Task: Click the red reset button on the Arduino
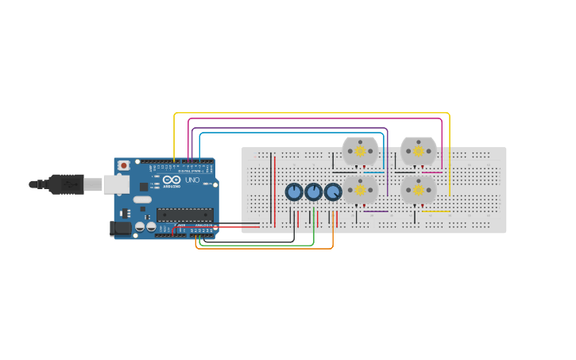[x=123, y=165]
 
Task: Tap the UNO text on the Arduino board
[x=191, y=180]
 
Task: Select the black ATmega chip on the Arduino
[x=185, y=215]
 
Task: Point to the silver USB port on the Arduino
[x=116, y=184]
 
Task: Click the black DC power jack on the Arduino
[x=120, y=228]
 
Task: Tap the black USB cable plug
[x=68, y=184]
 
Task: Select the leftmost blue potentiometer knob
[x=294, y=192]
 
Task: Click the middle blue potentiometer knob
[x=314, y=192]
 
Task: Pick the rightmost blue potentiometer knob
[x=333, y=192]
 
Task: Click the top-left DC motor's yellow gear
[x=360, y=151]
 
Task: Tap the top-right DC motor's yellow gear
[x=419, y=151]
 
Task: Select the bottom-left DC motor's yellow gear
[x=360, y=190]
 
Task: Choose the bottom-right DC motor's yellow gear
[x=419, y=190]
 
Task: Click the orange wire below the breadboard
[x=262, y=249]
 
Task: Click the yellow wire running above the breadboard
[x=318, y=113]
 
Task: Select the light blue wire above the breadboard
[x=294, y=133]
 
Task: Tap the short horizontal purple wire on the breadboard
[x=375, y=211]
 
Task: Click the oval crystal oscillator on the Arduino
[x=142, y=199]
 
